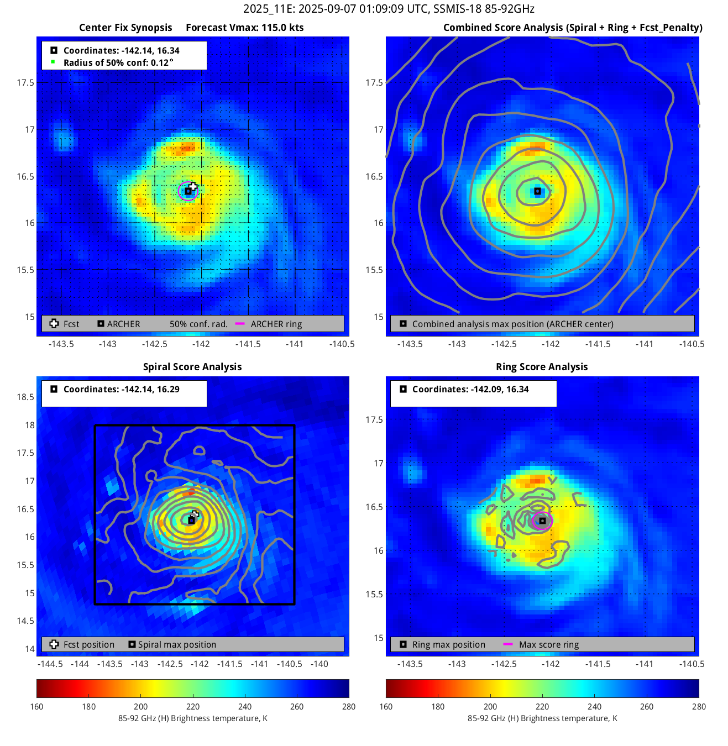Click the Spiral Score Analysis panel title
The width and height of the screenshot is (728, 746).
pos(192,367)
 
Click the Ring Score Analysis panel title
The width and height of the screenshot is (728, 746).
pos(542,367)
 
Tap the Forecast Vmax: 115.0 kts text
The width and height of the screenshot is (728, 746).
pos(245,28)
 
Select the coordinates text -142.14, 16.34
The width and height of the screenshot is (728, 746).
pos(121,50)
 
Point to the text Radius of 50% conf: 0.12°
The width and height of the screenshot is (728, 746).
pos(118,62)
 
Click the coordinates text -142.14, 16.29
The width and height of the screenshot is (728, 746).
pos(121,389)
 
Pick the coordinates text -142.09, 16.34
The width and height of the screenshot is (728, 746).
pos(470,389)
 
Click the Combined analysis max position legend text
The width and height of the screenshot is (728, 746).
pos(512,324)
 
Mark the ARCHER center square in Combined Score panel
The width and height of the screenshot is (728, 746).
pos(537,191)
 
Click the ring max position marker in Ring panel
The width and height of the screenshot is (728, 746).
pos(542,521)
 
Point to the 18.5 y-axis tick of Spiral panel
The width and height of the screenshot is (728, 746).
pos(25,397)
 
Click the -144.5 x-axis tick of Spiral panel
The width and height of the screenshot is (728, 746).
pos(50,664)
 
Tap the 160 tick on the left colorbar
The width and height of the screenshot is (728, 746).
pos(37,706)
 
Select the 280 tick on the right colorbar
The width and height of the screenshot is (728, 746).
pos(698,706)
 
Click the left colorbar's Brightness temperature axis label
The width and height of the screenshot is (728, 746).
pos(192,718)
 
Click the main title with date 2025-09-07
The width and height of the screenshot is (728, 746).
pos(389,9)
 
